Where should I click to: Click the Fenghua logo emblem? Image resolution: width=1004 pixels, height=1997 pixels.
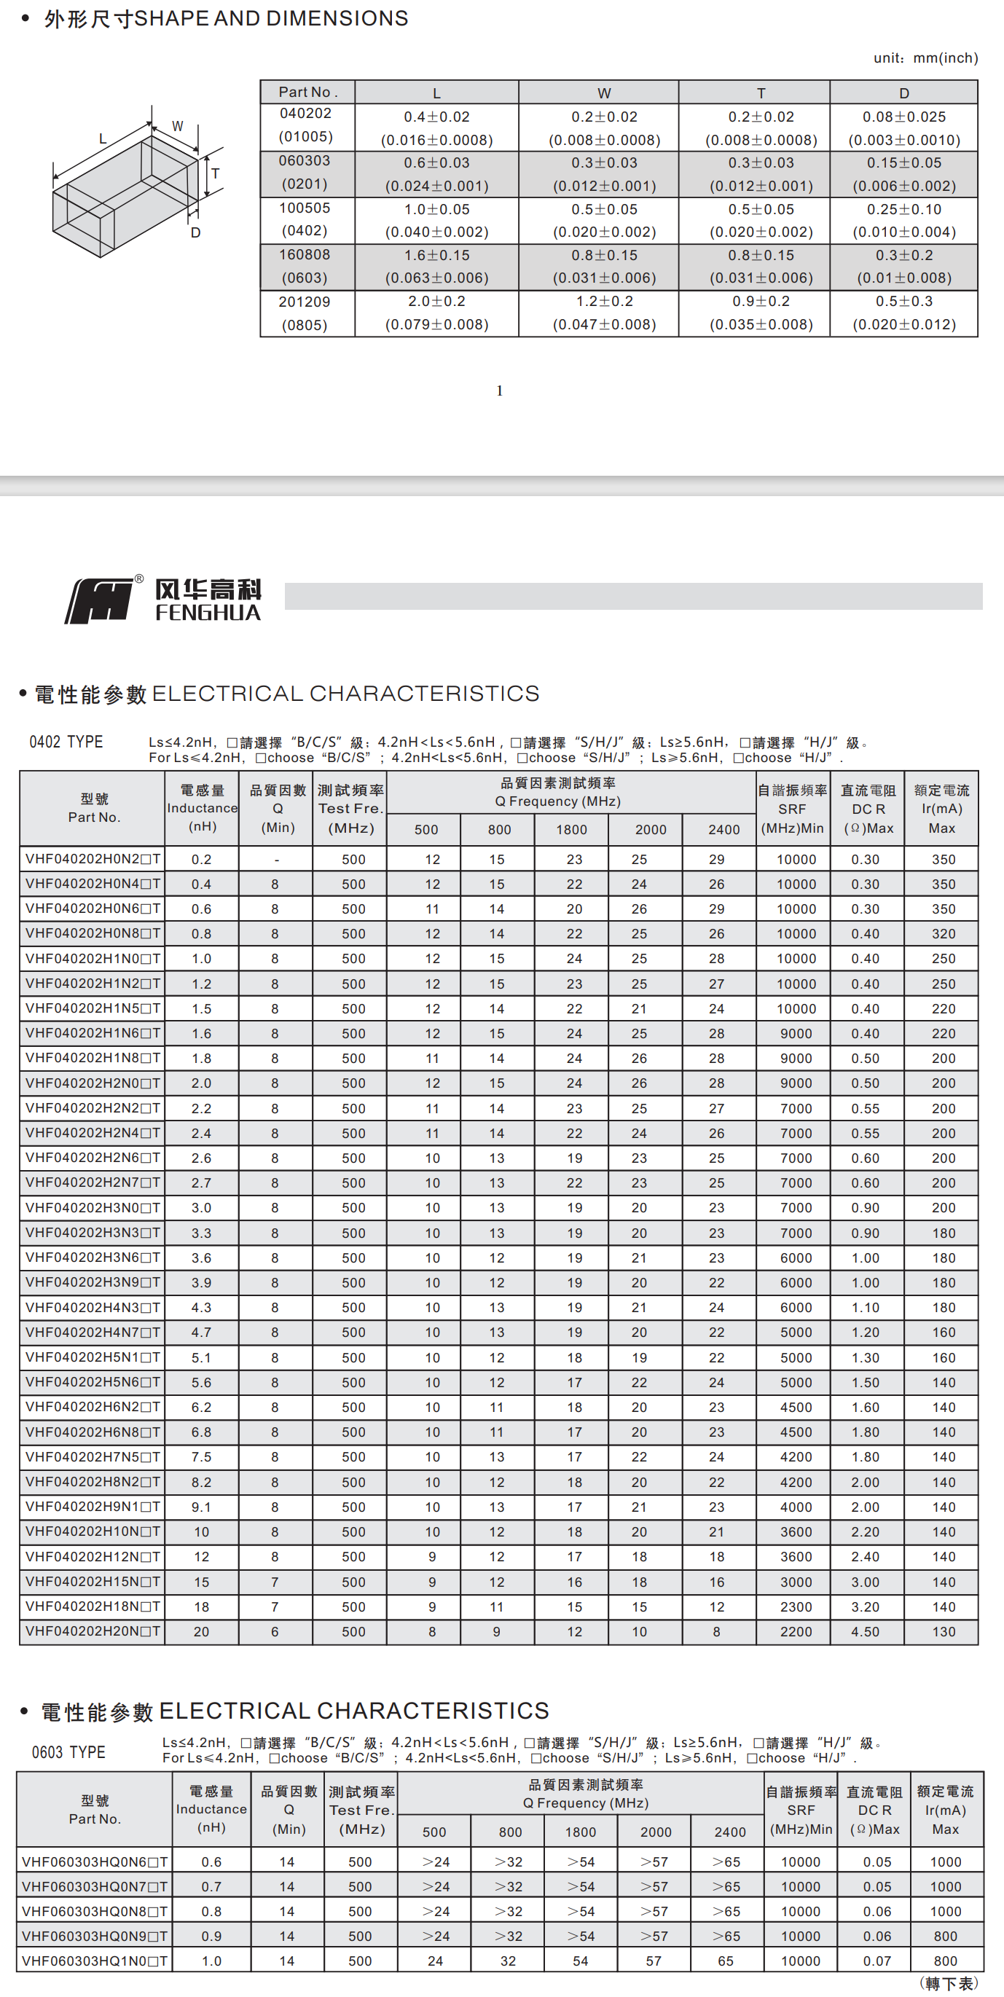tap(99, 600)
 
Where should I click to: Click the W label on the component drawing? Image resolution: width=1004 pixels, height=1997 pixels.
tap(178, 125)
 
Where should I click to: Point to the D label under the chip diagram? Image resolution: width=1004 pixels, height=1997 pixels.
tap(195, 232)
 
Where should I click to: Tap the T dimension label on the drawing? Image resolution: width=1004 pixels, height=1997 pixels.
tap(216, 173)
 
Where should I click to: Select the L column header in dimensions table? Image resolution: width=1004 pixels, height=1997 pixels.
tap(436, 93)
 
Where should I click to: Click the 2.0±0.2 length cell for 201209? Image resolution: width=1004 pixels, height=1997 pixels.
tap(436, 302)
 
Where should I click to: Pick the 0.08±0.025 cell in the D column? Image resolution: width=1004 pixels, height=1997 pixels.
tap(904, 117)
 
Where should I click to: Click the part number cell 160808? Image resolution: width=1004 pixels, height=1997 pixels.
tap(305, 255)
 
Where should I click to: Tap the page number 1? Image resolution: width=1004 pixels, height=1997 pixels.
tap(499, 391)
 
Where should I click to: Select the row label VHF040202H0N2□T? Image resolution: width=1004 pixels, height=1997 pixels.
tap(93, 859)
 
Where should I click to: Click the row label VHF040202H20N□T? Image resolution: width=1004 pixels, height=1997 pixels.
tap(93, 1631)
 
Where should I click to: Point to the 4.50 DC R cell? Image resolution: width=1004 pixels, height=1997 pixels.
tap(866, 1632)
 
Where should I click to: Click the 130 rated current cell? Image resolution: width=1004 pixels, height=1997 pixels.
tap(944, 1632)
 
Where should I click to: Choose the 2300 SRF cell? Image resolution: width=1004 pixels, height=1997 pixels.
tap(796, 1607)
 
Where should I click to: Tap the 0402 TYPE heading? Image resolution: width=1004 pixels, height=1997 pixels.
tap(66, 742)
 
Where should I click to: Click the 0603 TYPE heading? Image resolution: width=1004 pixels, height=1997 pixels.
tap(68, 1752)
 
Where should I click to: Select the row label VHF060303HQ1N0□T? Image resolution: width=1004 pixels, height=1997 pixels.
tap(95, 1961)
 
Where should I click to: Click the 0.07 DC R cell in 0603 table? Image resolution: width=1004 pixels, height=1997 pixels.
tap(876, 1961)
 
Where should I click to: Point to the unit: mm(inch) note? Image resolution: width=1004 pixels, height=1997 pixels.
tap(926, 58)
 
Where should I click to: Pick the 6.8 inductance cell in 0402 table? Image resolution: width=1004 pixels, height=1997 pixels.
tap(202, 1432)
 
